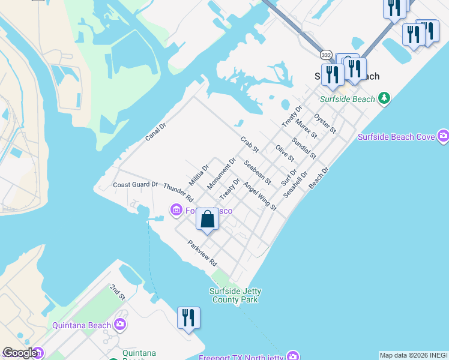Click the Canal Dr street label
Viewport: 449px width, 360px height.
[155, 132]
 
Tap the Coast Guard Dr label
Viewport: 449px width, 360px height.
[135, 185]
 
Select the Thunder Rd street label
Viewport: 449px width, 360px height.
[178, 191]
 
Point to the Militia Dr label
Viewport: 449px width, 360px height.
[199, 175]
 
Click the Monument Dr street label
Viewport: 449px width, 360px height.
[221, 174]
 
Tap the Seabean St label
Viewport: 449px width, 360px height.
[258, 172]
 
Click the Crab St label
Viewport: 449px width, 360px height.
[249, 145]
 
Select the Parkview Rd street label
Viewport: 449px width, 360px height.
[202, 254]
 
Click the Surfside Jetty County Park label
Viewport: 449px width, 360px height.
[234, 295]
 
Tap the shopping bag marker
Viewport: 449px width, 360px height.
[207, 220]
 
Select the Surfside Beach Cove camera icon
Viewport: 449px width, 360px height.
[444, 137]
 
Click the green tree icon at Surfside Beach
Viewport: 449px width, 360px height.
[384, 98]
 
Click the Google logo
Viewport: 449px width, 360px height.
[20, 353]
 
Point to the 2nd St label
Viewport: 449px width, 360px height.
[118, 292]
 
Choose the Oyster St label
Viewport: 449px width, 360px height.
[325, 123]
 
